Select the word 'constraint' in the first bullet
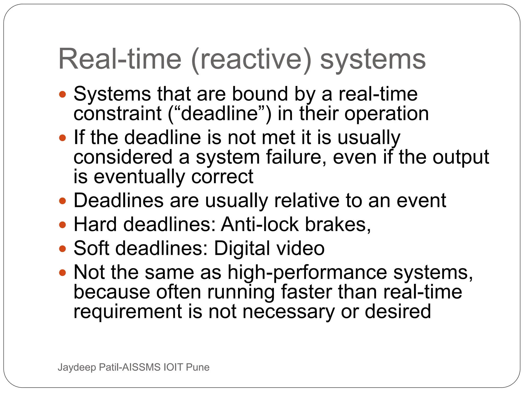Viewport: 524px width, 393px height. pyautogui.click(x=117, y=114)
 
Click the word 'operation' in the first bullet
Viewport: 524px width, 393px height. pyautogui.click(x=386, y=114)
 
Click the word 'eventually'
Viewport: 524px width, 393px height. pyautogui.click(x=139, y=177)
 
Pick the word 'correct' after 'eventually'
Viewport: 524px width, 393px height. pyautogui.click(x=222, y=177)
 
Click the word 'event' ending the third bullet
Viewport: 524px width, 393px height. pyautogui.click(x=421, y=201)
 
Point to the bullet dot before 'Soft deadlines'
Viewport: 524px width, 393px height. pyautogui.click(x=62, y=248)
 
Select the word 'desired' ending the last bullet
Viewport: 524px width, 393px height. pyautogui.click(x=398, y=312)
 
